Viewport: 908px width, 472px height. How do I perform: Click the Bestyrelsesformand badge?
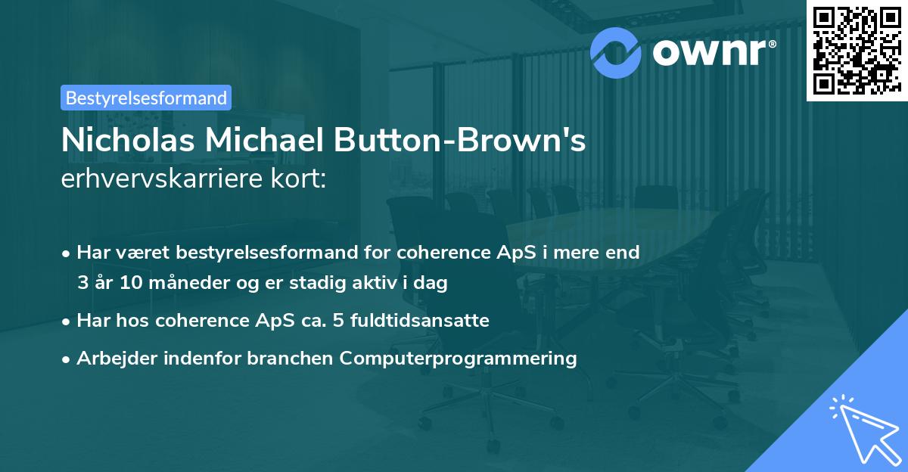(146, 98)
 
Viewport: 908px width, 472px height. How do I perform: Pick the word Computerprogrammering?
(459, 358)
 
